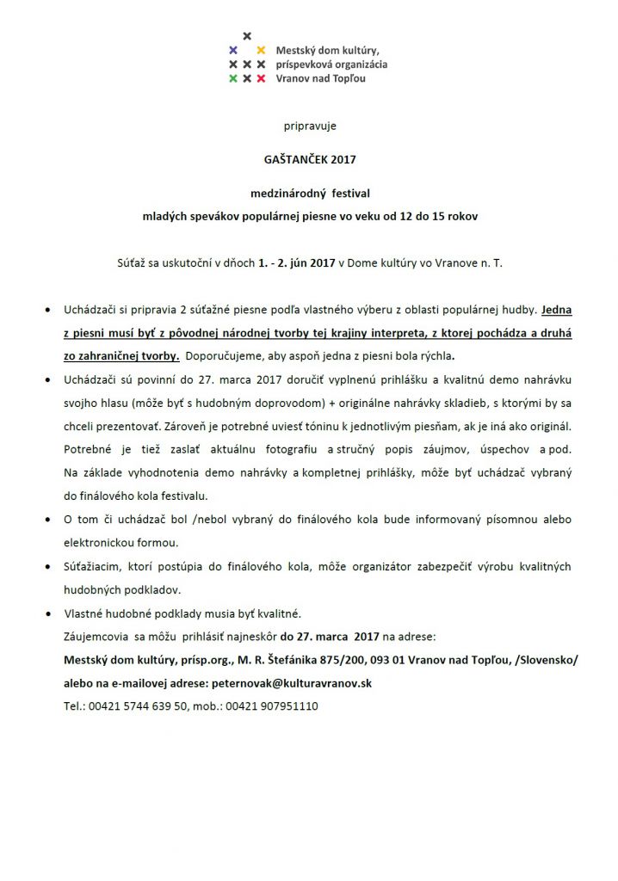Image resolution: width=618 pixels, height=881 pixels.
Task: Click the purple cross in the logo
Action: [233, 50]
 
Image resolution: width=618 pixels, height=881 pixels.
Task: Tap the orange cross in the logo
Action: [261, 50]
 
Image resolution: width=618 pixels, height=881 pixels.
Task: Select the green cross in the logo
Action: [233, 78]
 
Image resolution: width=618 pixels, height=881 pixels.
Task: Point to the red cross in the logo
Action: [261, 78]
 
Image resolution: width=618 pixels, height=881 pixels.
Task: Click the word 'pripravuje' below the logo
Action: [310, 126]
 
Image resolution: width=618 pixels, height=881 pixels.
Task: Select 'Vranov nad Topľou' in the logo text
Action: [320, 78]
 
